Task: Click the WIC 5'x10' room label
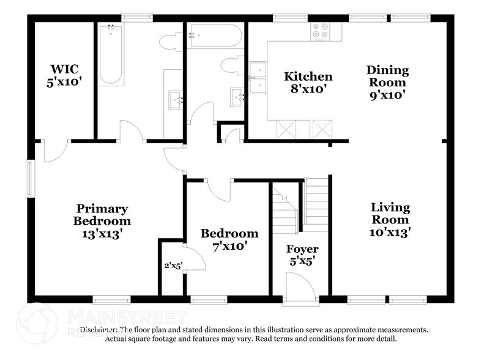[x=64, y=75]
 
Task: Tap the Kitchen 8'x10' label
[x=308, y=82]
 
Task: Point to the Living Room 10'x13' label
[x=390, y=219]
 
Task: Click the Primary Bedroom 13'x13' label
[x=102, y=221]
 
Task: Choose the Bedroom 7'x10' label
[x=229, y=239]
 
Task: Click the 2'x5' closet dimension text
[x=173, y=266]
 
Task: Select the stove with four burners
[x=321, y=31]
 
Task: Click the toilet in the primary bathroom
[x=168, y=42]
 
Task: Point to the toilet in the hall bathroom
[x=233, y=66]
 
